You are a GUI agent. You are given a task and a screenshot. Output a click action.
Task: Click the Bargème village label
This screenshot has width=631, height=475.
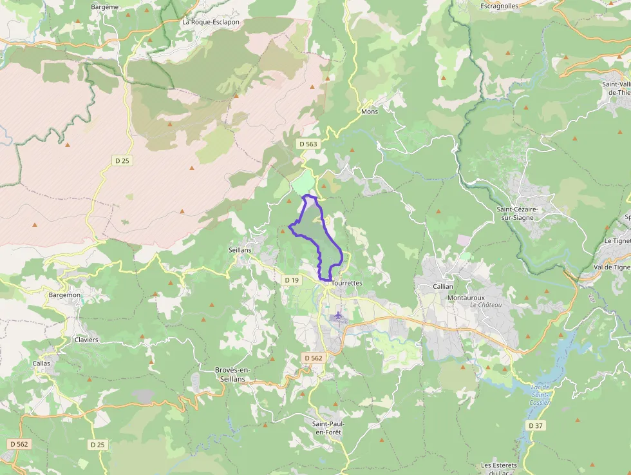click(x=105, y=6)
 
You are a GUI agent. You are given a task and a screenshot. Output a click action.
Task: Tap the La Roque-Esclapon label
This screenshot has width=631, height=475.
click(x=211, y=22)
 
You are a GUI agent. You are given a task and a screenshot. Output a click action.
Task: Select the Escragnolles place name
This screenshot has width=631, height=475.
click(x=500, y=6)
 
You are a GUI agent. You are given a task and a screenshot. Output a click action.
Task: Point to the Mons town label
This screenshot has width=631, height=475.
click(x=370, y=111)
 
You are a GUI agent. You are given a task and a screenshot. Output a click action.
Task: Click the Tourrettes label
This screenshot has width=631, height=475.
click(x=348, y=283)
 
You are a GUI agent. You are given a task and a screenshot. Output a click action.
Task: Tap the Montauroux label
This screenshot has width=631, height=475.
click(x=466, y=297)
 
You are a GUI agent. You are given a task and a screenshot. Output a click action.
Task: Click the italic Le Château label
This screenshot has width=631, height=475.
click(x=486, y=305)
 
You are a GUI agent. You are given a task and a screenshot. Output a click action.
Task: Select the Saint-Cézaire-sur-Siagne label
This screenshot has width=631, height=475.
click(x=526, y=213)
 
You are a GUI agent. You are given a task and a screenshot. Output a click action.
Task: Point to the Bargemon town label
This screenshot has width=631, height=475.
click(x=64, y=295)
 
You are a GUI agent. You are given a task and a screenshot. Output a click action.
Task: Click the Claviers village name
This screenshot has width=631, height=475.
click(x=86, y=340)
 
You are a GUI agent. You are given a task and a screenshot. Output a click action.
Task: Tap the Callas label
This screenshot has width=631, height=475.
click(x=41, y=363)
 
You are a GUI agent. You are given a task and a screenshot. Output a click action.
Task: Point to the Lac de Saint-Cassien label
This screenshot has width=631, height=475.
click(x=541, y=394)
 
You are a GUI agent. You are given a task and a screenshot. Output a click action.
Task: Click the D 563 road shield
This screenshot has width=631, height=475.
click(x=308, y=144)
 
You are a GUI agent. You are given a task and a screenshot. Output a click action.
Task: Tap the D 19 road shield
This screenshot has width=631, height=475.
click(x=292, y=280)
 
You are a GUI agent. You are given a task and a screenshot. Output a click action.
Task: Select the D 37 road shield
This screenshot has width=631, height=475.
click(x=536, y=426)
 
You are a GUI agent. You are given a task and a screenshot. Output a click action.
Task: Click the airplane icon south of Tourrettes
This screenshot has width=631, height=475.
click(x=339, y=315)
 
